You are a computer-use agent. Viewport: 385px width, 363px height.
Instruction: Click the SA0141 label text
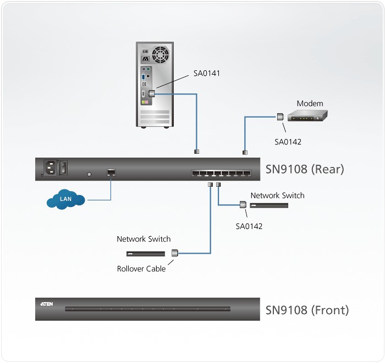207,72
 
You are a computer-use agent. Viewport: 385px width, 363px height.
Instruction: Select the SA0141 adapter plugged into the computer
151,94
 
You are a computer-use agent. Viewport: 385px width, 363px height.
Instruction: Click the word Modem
310,103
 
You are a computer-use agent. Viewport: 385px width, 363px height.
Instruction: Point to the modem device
309,116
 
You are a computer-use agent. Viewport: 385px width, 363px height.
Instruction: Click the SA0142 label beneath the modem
288,142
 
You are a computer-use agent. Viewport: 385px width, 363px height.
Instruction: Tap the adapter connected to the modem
279,116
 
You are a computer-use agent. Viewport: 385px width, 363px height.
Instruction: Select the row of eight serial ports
222,173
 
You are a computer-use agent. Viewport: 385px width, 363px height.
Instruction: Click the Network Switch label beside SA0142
277,196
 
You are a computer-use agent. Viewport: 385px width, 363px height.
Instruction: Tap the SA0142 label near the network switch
249,226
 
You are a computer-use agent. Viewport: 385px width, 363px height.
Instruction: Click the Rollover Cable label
141,269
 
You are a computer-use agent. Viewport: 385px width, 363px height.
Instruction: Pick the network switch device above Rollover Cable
145,254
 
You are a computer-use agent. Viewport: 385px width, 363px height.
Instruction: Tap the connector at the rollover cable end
175,253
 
